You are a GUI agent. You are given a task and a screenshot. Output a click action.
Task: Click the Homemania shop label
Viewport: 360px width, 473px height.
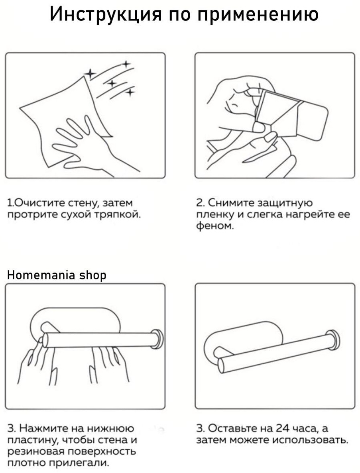tap(57, 275)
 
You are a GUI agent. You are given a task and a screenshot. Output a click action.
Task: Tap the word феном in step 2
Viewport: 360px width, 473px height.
tap(214, 226)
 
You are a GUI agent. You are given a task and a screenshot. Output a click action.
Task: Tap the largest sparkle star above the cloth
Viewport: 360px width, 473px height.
tap(90, 73)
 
